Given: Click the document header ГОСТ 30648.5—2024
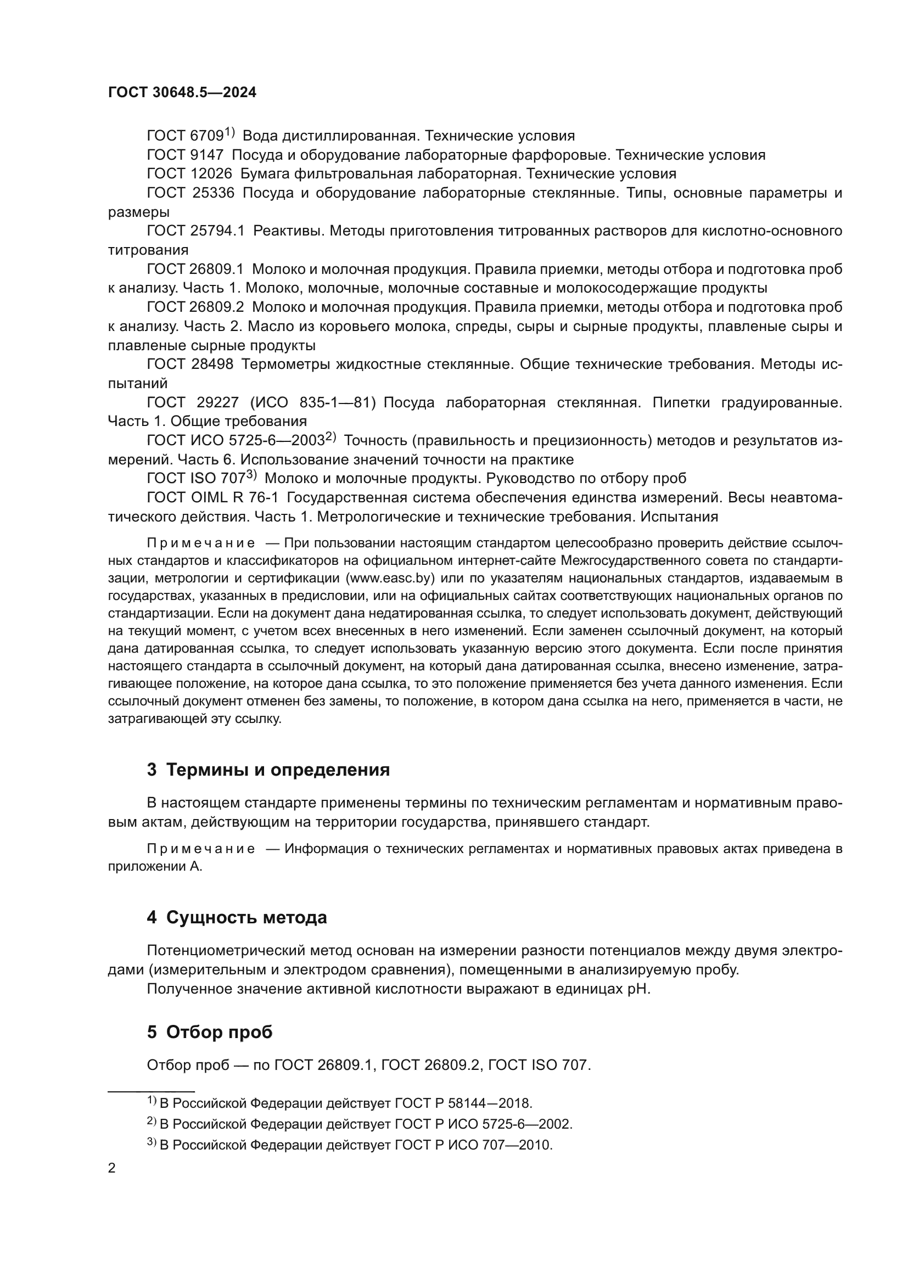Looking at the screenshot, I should coord(182,93).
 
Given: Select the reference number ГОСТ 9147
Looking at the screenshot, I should coord(185,155).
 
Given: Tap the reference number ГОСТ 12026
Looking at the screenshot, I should coord(189,174).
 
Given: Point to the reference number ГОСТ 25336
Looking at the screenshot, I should coord(190,193).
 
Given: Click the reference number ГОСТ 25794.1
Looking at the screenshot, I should coord(195,231).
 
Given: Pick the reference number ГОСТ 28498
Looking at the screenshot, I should coord(190,364).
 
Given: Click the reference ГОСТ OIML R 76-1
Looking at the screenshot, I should coord(212,497).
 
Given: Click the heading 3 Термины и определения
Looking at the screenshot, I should coord(268,770).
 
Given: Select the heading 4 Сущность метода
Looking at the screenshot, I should coord(237,918).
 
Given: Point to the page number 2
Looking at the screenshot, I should coord(112,1168).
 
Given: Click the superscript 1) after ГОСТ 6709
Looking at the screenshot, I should coord(230,132).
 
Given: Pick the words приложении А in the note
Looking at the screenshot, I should coord(154,867).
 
